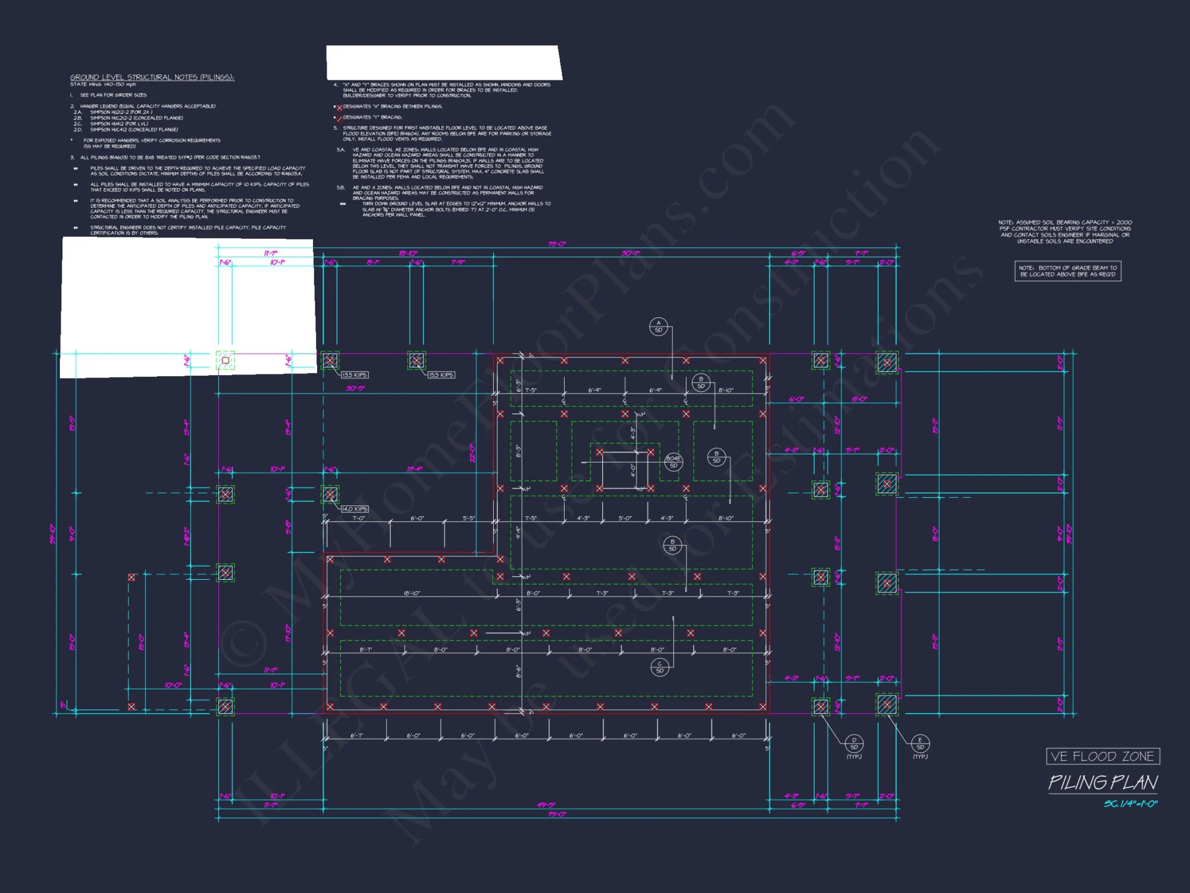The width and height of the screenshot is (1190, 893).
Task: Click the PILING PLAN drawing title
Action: [x=1103, y=782]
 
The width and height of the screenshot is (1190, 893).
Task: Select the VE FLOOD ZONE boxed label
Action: [x=1103, y=756]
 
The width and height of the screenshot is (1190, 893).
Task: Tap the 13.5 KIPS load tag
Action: [x=355, y=375]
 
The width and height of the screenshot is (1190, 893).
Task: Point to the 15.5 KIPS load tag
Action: [x=441, y=375]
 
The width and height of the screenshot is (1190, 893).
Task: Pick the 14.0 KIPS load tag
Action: [x=355, y=509]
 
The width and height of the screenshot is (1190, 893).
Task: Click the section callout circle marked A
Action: [x=658, y=326]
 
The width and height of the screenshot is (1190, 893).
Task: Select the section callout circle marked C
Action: [x=659, y=667]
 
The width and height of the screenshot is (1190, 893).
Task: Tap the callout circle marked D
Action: [x=854, y=743]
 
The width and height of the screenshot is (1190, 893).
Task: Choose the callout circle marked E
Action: [x=920, y=743]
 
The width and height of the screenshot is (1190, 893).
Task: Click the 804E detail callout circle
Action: [x=673, y=461]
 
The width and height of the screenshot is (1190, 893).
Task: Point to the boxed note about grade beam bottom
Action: [x=1067, y=271]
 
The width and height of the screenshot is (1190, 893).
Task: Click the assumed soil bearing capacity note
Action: [x=1065, y=232]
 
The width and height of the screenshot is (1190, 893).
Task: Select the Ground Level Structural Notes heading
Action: [x=152, y=77]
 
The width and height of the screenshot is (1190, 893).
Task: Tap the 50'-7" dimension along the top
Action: [x=631, y=254]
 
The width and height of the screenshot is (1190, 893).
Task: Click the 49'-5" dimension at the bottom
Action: [x=546, y=805]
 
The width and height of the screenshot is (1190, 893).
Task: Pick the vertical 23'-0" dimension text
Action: [x=472, y=453]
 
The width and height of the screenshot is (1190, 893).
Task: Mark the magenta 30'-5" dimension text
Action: [x=355, y=388]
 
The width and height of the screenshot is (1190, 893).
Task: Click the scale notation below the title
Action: [x=1130, y=804]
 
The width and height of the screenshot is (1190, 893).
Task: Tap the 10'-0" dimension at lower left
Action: [x=173, y=685]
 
